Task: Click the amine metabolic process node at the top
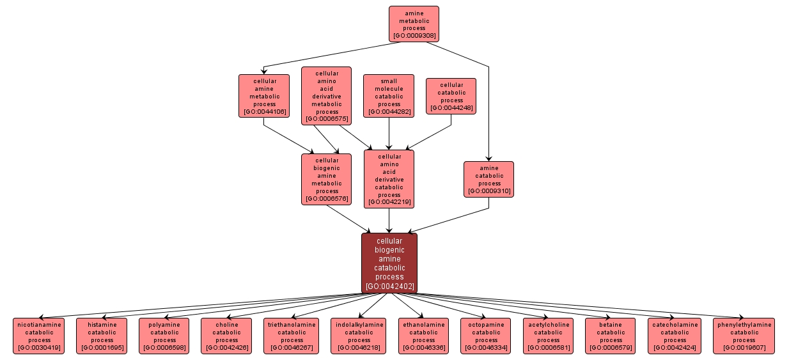[x=414, y=24]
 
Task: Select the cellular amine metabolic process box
[x=264, y=96]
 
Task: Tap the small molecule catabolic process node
[x=389, y=96]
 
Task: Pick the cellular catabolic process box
[x=451, y=96]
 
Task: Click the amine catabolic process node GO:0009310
[x=488, y=179]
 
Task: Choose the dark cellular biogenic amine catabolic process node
[x=389, y=263]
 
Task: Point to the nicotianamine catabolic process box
[x=40, y=336]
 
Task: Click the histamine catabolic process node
[x=102, y=336]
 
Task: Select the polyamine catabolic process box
[x=164, y=336]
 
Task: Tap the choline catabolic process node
[x=226, y=336]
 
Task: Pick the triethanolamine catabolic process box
[x=292, y=336]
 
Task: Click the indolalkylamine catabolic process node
[x=359, y=336]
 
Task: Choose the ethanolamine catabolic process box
[x=423, y=336]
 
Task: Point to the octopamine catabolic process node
[x=486, y=336]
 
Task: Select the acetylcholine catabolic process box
[x=549, y=336]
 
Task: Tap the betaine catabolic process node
[x=611, y=336]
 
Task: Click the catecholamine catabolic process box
[x=675, y=336]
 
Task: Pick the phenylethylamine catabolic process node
[x=744, y=336]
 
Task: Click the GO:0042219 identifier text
[x=389, y=202]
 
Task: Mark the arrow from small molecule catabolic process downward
[x=389, y=134]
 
